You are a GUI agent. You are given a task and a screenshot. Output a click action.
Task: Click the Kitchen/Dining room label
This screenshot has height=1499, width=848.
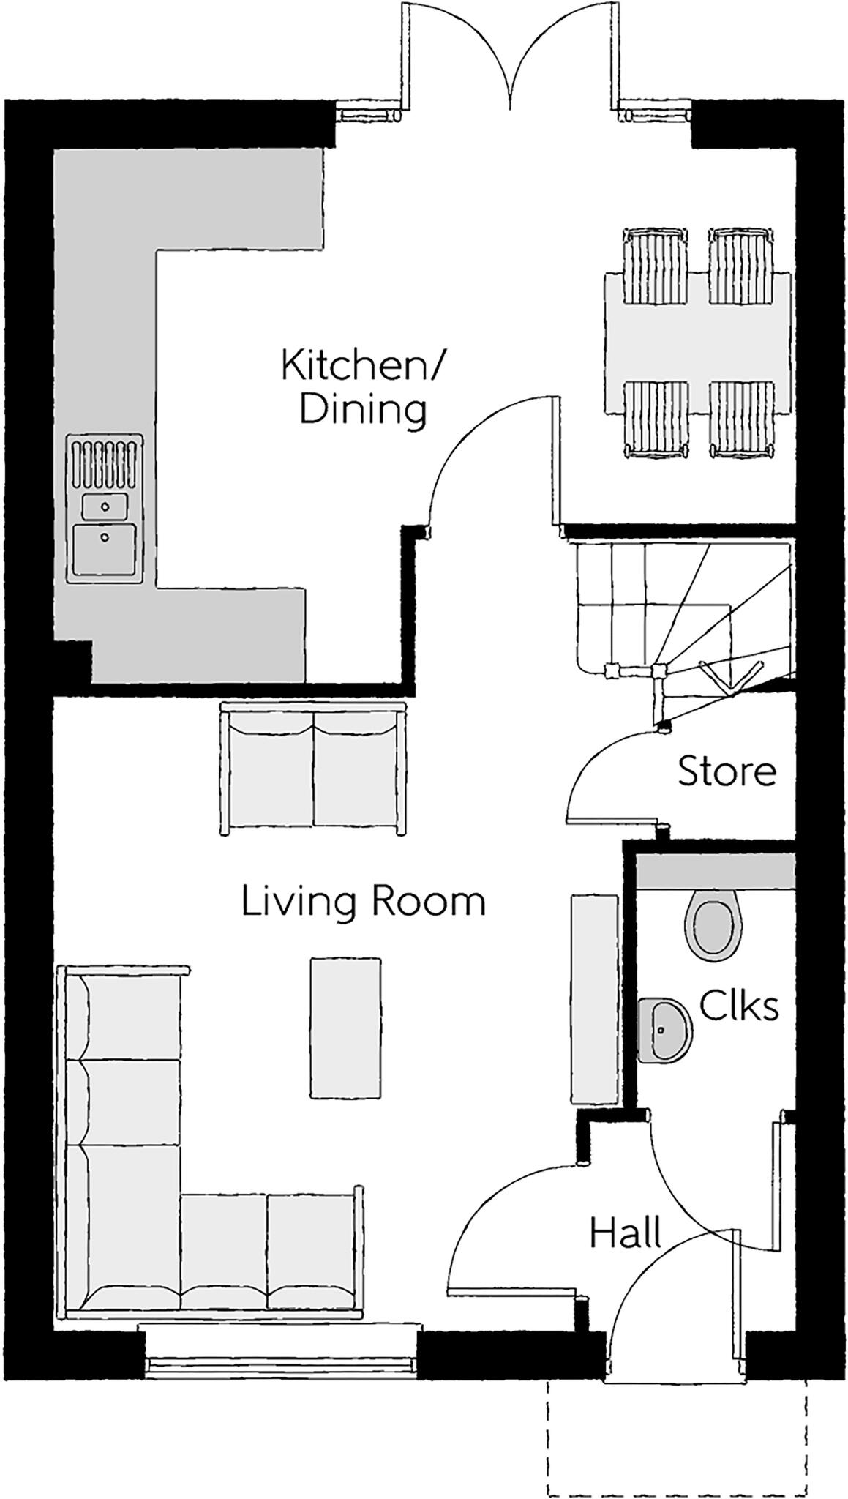coord(362,387)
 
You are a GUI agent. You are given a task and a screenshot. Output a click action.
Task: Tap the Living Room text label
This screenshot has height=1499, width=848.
coord(364,901)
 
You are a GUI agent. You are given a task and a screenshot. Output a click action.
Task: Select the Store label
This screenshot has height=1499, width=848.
coord(726,771)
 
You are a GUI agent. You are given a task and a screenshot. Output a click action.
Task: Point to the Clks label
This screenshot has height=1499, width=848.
coord(738,1006)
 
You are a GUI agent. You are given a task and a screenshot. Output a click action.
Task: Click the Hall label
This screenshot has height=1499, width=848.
coord(626,1233)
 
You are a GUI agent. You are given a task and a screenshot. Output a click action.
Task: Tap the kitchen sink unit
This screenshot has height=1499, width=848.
coord(105,509)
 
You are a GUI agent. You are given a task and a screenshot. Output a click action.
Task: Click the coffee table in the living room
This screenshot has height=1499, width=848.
coord(345,1028)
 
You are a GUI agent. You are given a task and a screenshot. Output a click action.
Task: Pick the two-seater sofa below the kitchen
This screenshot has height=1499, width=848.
coord(313,768)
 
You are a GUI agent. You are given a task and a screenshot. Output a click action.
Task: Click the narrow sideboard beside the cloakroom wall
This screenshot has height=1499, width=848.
coord(594,999)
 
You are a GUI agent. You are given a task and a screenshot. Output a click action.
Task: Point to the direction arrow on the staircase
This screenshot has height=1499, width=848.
coord(727,678)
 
